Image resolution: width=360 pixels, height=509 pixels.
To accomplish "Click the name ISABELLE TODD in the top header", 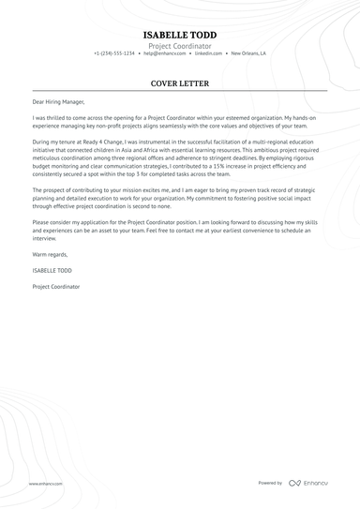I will point(179,35).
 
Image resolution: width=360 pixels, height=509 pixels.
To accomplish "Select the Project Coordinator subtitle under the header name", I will point(179,45).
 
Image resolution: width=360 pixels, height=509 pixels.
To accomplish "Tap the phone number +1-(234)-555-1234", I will point(114,54).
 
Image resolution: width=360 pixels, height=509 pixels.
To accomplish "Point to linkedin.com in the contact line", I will point(210,54).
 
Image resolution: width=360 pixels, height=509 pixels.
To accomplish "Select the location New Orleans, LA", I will point(248,54).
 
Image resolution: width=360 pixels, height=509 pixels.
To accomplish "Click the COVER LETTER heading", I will point(179,82).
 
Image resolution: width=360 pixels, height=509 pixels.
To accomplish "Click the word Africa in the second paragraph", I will point(160,146).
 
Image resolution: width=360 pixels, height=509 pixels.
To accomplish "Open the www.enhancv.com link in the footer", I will point(45,483).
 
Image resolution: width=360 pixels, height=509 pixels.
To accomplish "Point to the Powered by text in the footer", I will point(270,483).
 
